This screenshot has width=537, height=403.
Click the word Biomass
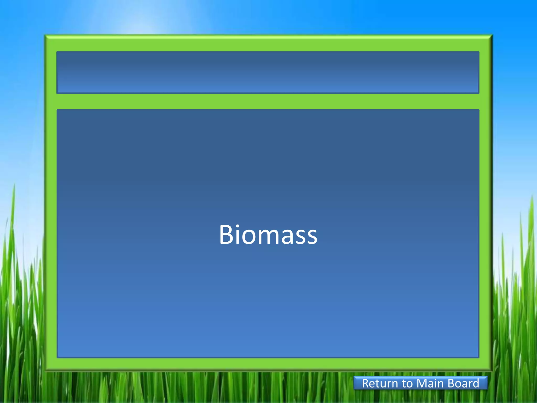268,235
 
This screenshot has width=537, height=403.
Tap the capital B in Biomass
227,235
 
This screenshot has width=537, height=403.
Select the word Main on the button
430,383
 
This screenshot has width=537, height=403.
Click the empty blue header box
268,72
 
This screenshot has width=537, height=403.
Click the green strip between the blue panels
268,101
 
